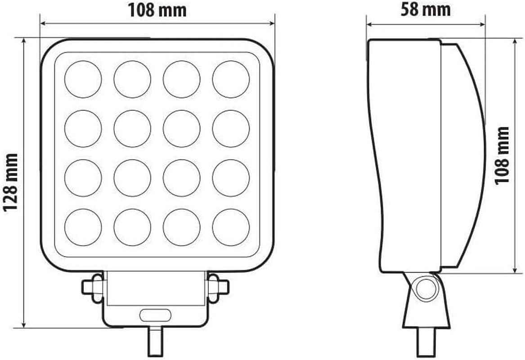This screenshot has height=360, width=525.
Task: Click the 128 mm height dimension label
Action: point(10,183)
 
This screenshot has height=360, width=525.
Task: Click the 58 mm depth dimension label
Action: point(425,9)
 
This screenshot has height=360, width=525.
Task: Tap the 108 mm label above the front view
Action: point(157,10)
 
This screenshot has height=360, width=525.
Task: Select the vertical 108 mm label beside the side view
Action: point(502,156)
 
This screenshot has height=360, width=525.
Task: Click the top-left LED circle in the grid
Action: point(83,79)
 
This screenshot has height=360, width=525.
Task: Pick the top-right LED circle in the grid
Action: point(231,79)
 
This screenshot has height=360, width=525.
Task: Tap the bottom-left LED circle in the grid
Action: point(83,227)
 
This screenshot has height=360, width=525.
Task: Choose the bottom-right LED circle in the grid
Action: point(231,227)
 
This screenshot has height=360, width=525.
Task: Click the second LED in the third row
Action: point(132,178)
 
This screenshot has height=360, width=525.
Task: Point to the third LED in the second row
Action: point(181,129)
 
